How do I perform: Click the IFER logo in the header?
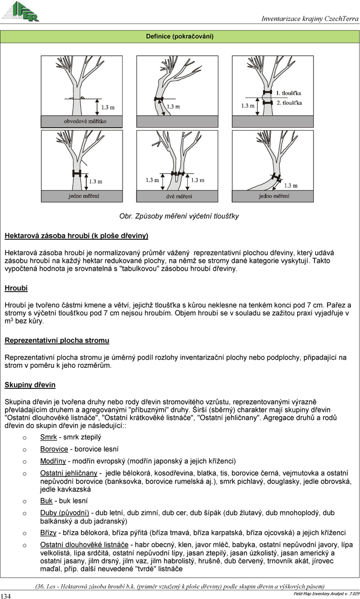tap(21, 11)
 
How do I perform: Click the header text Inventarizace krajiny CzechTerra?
tap(310, 19)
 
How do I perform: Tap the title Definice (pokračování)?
tap(180, 36)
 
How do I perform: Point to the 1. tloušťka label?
tap(289, 93)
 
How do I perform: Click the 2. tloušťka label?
tap(289, 103)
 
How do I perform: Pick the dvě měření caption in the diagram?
tap(177, 196)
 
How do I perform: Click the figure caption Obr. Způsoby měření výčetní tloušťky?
tap(179, 216)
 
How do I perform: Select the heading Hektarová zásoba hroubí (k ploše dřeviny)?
tap(76, 236)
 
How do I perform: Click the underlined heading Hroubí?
tap(16, 288)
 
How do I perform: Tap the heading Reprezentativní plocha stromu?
tap(57, 341)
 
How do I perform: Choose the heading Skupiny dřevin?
tap(30, 385)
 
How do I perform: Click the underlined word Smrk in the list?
tap(48, 437)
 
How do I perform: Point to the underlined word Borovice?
tap(54, 449)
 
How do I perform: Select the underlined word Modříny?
tap(53, 461)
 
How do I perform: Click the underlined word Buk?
tap(46, 501)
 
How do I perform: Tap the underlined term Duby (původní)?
tap(64, 513)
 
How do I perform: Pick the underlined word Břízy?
tap(49, 533)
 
